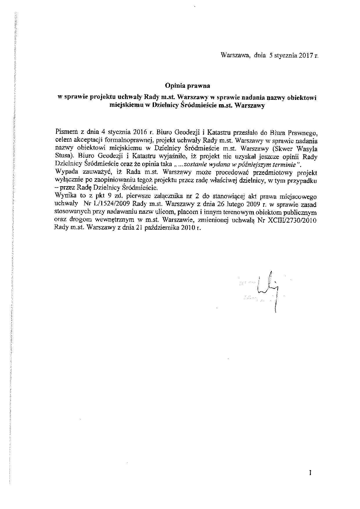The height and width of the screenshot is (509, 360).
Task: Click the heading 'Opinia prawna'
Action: pyautogui.click(x=187, y=86)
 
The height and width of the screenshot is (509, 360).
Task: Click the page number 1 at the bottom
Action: pyautogui.click(x=310, y=473)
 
